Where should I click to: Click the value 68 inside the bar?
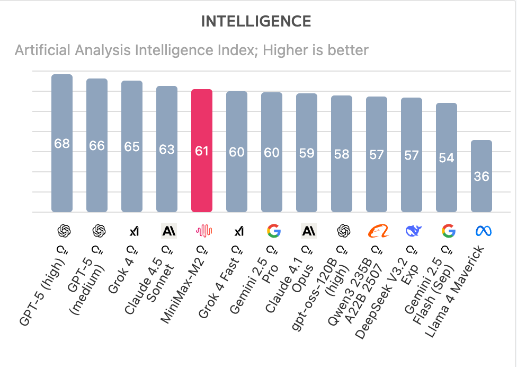click(62, 144)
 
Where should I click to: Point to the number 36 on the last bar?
click(482, 177)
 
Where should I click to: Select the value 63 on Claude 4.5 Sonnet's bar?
click(167, 149)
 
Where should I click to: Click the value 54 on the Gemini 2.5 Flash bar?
click(447, 158)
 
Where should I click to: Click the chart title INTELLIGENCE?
click(256, 22)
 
